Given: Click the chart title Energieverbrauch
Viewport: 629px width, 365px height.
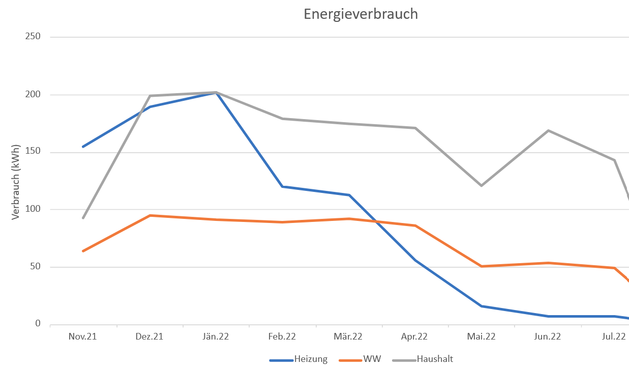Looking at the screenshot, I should [x=361, y=14].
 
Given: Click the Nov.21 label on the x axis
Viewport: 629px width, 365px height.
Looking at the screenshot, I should [x=83, y=336].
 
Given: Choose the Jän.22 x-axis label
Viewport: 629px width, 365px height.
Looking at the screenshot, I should [x=216, y=336].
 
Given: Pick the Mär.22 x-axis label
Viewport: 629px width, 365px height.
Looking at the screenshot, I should [x=349, y=336].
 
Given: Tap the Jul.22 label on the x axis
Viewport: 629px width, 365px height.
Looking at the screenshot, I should [x=614, y=336].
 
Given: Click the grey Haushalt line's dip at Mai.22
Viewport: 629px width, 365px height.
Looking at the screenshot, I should [x=482, y=185].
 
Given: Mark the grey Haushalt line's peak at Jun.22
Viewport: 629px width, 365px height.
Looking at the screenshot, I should [x=548, y=130].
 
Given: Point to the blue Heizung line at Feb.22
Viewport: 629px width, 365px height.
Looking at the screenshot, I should [x=283, y=187].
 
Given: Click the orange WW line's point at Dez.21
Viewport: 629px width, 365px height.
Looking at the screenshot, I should [x=150, y=215].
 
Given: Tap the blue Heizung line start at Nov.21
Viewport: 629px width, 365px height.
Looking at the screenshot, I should [x=83, y=147].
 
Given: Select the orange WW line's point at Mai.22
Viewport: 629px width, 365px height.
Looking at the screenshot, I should [x=482, y=266].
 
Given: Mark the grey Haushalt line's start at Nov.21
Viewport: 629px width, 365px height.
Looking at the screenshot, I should [x=83, y=218].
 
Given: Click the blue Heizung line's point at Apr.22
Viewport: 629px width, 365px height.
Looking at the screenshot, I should [x=415, y=260].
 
